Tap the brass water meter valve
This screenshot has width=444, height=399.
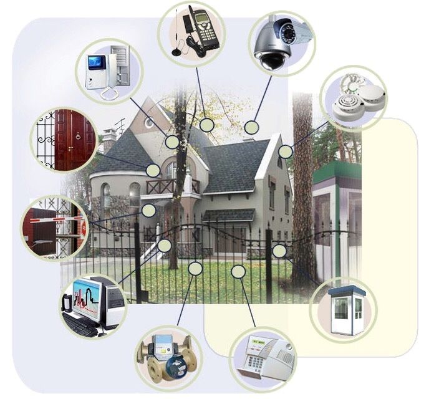pos(166,358)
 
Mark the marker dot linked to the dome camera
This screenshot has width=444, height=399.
pos(251,128)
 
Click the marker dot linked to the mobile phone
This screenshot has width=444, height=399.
pos(208,125)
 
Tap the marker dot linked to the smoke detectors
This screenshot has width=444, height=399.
pos(286,151)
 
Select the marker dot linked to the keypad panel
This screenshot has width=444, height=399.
pos(238,271)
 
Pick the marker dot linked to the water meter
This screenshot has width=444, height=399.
pos(195,269)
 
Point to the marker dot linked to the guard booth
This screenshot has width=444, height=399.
pos(279,251)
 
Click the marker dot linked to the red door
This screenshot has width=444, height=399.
pos(153,170)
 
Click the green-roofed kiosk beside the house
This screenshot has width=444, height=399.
pos(337,206)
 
